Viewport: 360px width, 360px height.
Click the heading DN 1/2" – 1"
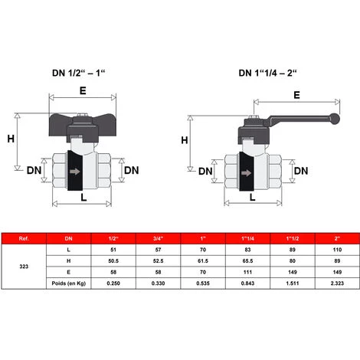tap(79, 73)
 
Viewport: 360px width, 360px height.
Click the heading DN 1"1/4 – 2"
tap(267, 73)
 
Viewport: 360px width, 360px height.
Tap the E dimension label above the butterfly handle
tap(83, 91)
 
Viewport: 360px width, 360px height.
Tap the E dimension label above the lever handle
tap(296, 95)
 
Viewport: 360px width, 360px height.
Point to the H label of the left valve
tap(11, 139)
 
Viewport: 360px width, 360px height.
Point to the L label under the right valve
tap(252, 197)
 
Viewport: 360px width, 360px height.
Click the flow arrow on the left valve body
tap(75, 172)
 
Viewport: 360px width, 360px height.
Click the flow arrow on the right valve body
tap(246, 173)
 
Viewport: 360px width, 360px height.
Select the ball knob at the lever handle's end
tap(335, 119)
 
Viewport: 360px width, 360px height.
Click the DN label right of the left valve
tap(132, 170)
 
